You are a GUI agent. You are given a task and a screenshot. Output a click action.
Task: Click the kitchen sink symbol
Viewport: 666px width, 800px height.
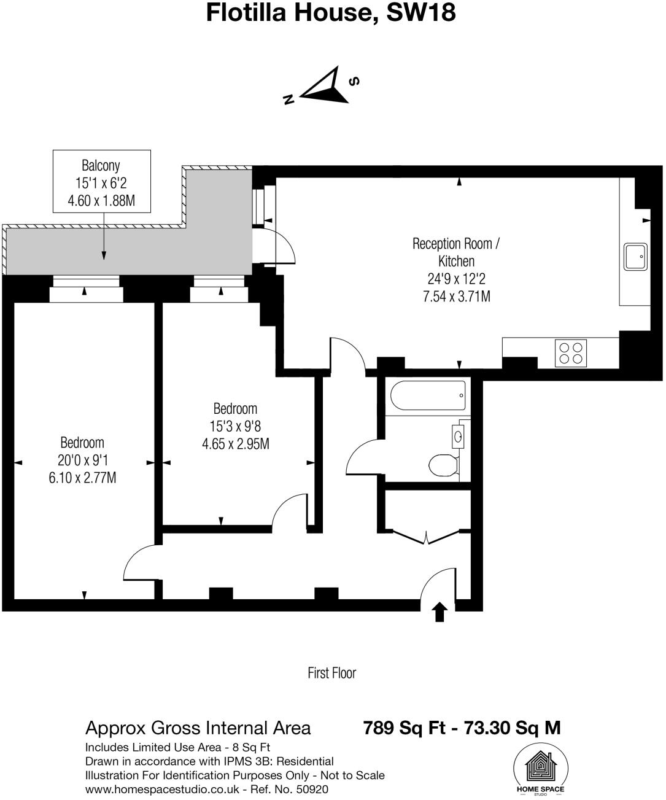point(635,257)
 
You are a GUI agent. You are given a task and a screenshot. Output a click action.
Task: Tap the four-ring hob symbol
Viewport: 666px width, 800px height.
point(570,353)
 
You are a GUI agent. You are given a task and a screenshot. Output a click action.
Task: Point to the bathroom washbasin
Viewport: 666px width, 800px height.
point(459,437)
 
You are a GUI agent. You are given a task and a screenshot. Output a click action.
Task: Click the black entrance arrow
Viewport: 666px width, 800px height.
point(439,612)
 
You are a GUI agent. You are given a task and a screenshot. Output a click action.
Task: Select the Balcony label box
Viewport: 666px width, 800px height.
point(102,182)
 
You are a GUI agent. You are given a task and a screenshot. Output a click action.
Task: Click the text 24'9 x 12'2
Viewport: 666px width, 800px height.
point(456,279)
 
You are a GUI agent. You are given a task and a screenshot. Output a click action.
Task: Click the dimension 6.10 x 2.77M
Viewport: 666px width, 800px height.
point(82,477)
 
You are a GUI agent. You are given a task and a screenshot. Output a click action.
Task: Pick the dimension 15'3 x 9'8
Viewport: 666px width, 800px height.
point(235,426)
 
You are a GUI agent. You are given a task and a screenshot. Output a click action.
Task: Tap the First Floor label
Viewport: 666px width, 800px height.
point(331,673)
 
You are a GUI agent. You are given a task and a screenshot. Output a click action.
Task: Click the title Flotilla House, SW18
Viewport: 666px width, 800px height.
point(331,12)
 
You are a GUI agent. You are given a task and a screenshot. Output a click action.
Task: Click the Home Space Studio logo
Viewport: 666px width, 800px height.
point(540,769)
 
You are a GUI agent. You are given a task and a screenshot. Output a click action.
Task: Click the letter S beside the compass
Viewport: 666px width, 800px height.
point(354,81)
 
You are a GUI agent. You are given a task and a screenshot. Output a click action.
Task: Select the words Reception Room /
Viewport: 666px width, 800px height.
point(455,244)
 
